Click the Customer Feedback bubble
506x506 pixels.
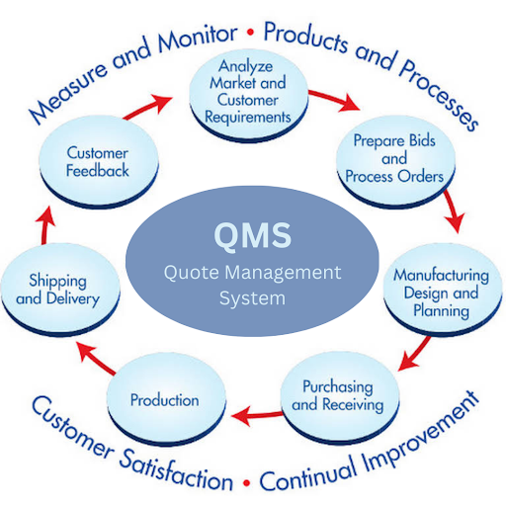pos(99,162)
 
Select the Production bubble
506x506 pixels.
pos(166,399)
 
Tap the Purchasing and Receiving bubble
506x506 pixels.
pos(340,397)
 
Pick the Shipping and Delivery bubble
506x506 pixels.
pos(60,290)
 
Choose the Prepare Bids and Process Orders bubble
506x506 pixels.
pos(395,161)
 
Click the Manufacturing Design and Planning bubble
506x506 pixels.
pos(443,290)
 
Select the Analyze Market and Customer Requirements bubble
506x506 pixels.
pos(249,96)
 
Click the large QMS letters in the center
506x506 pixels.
pos(253,235)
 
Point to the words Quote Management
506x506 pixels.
pos(252,273)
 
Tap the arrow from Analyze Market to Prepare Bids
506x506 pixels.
pos(333,100)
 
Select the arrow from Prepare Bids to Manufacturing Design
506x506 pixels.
pos(453,211)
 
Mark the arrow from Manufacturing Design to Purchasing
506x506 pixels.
pos(414,353)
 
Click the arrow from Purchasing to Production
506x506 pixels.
pos(256,415)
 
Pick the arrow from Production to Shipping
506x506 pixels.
pos(96,358)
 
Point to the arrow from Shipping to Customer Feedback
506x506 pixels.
pos(45,225)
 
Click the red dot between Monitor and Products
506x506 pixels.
pos(251,33)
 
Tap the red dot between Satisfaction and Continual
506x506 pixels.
pos(246,483)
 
